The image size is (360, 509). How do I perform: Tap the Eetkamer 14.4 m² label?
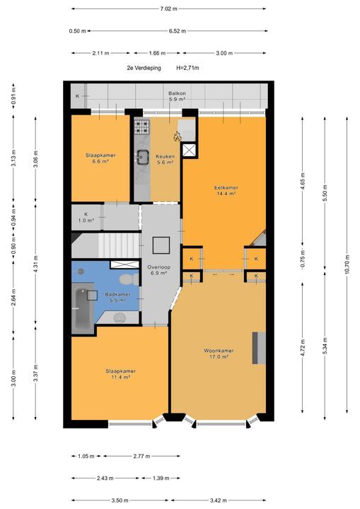[226, 191]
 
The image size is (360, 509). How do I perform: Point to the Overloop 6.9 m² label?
[159, 270]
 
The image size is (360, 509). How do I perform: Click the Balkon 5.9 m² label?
[177, 96]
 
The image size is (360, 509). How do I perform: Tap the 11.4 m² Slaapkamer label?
[120, 374]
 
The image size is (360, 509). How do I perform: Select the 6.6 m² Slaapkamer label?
[100, 158]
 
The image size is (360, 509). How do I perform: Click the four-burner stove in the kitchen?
[141, 127]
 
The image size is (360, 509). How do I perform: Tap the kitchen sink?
[142, 157]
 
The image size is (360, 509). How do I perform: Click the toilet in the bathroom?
[129, 279]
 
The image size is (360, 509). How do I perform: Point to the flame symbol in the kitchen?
[177, 136]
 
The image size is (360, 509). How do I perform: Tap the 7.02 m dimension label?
[168, 8]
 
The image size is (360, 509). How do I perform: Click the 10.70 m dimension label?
[347, 265]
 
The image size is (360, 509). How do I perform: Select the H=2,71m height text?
[187, 68]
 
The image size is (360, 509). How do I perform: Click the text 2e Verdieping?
[144, 68]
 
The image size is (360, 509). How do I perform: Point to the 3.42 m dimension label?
[219, 501]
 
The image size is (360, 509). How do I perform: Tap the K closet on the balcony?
[78, 96]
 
